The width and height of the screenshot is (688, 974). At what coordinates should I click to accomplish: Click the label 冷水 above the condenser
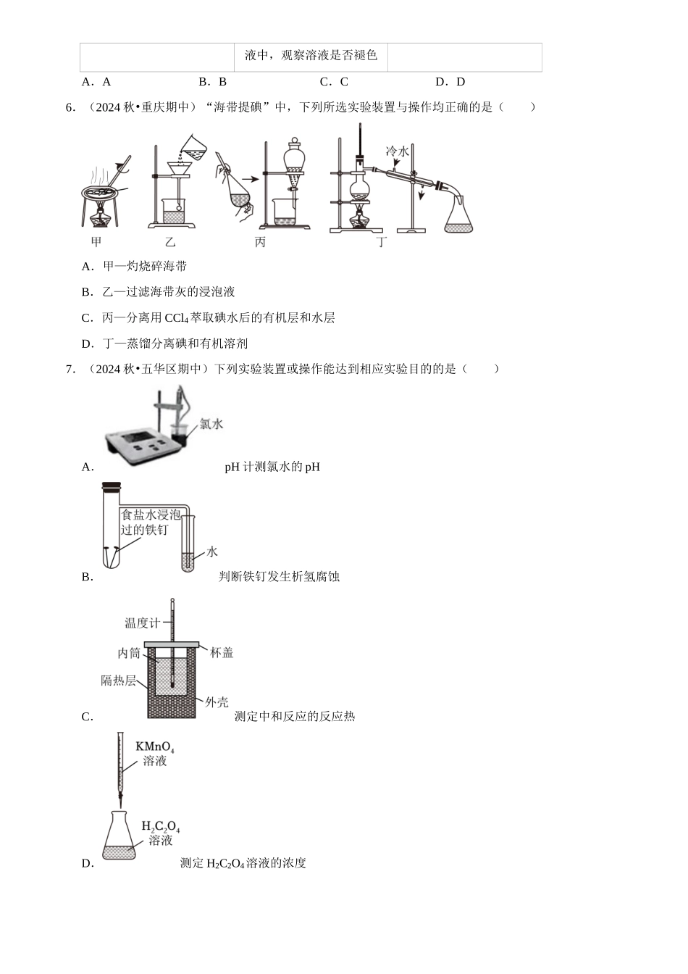click(x=398, y=151)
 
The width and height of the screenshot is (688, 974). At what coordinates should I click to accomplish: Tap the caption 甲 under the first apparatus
click(x=96, y=242)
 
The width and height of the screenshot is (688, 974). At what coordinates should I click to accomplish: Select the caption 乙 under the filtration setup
click(x=170, y=242)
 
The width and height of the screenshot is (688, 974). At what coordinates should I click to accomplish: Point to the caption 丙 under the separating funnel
click(x=260, y=242)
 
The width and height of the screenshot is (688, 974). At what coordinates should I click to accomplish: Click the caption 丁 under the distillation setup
click(x=381, y=242)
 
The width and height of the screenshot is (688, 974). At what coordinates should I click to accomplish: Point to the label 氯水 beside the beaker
click(x=211, y=423)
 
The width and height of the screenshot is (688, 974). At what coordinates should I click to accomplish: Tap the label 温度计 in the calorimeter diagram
click(x=142, y=623)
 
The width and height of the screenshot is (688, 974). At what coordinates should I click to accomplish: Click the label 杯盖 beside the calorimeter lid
click(x=222, y=653)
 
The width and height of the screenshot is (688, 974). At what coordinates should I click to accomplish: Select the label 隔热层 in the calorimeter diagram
click(x=118, y=680)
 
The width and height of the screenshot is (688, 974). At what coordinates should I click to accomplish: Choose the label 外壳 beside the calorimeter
click(x=217, y=702)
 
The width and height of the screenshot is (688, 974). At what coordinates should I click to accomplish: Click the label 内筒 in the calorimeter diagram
click(x=129, y=653)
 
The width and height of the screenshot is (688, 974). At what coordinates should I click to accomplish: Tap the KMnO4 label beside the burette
click(x=155, y=747)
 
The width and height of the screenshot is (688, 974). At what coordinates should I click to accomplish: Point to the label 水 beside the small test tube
click(x=211, y=551)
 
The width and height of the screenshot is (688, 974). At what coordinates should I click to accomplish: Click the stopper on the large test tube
click(x=111, y=486)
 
